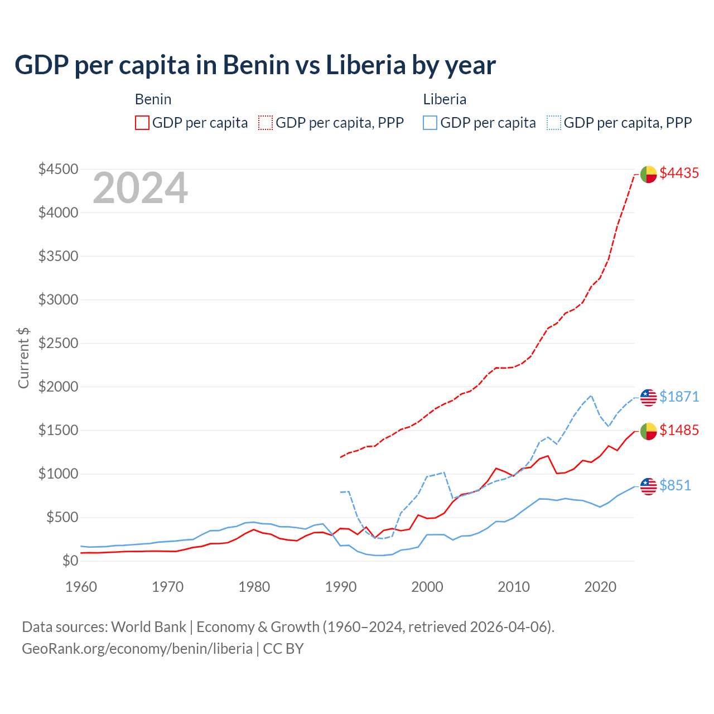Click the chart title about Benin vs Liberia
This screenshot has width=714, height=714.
point(255,65)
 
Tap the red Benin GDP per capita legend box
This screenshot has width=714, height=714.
point(142,123)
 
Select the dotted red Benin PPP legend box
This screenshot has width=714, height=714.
point(266,123)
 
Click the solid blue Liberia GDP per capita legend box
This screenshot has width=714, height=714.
point(430,123)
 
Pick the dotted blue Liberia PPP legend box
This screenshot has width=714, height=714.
point(554,123)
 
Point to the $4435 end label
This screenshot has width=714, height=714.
point(679,173)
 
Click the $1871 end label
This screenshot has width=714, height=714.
point(679,397)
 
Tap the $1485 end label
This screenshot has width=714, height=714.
point(679,430)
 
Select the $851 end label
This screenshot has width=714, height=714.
point(675,486)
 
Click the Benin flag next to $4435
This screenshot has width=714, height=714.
point(648,174)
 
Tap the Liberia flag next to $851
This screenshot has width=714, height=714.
point(648,486)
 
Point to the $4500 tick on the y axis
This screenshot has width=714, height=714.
point(58,169)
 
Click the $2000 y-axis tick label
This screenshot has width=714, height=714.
point(58,387)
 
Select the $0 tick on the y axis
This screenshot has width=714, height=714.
point(70,561)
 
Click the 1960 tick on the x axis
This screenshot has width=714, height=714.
point(81,587)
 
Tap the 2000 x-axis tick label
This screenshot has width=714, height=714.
point(427,587)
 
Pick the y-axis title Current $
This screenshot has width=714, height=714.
point(23,358)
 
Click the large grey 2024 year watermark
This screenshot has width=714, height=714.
point(140,189)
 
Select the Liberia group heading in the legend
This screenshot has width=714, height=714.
point(445,99)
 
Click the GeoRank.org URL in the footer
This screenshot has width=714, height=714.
point(137,649)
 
